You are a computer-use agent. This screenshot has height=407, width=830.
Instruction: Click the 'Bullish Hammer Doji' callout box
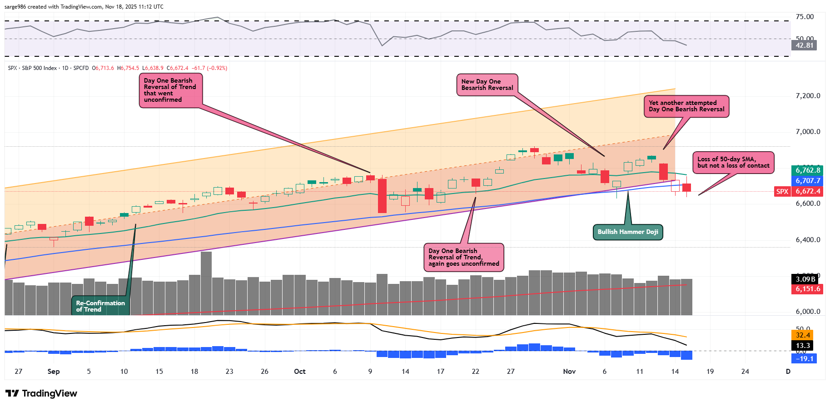627,232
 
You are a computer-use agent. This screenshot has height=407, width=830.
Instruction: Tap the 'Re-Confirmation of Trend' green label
100,306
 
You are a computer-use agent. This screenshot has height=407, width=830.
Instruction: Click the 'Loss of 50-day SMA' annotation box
733,162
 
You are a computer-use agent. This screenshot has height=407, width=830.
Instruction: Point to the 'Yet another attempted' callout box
686,106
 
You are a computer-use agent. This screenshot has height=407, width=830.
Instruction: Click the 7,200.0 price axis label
808,96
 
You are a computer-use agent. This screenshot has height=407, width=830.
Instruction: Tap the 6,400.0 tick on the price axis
808,240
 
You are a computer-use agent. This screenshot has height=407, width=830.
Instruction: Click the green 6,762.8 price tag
807,170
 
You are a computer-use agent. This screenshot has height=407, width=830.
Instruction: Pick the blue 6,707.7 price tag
807,181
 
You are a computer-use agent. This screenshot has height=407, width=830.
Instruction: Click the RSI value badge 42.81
804,45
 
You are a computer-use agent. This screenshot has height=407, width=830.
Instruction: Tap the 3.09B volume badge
805,279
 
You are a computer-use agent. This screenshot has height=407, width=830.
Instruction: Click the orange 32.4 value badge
803,335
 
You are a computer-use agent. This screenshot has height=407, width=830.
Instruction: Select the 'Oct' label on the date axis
300,372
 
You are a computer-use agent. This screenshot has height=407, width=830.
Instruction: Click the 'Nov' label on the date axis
569,372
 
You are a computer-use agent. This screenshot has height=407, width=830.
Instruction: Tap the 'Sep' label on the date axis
54,372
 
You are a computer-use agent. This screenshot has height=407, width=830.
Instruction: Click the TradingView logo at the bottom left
41,393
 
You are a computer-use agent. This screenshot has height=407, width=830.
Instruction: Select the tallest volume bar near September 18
206,283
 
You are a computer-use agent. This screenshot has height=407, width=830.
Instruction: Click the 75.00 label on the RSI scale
805,17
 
